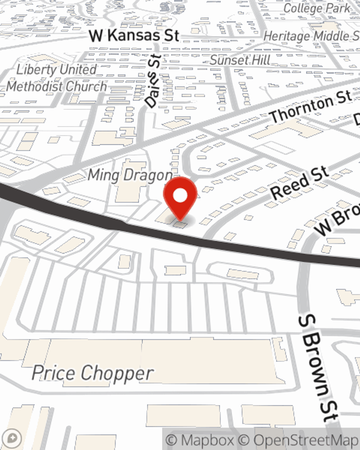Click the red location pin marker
180,198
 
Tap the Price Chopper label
93,373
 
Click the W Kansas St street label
134,36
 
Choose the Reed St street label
300,183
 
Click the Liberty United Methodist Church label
57,78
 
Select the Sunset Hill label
240,60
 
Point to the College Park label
317,8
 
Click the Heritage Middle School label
312,36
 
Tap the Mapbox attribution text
200,440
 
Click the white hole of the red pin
180,196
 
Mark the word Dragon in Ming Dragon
148,175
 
